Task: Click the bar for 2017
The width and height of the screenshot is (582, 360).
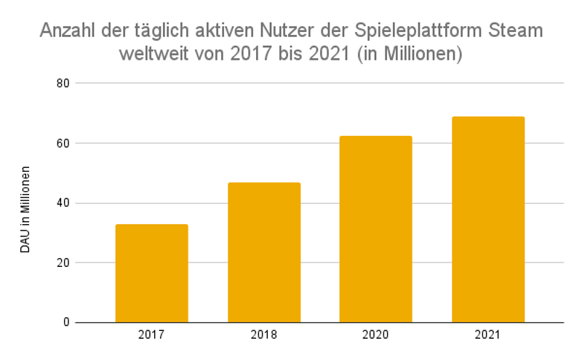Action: [x=151, y=273]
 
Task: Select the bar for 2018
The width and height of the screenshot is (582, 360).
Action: [x=264, y=252]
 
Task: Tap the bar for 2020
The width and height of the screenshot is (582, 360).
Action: [x=376, y=229]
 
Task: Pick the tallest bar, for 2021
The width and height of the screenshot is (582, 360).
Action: [x=488, y=220]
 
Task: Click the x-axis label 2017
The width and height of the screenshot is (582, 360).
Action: [x=151, y=335]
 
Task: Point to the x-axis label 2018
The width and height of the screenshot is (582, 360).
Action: [x=264, y=335]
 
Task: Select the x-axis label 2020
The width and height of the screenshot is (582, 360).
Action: [x=376, y=335]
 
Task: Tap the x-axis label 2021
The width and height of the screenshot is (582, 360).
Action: [x=488, y=335]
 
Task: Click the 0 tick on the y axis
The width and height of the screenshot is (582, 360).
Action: [x=65, y=322]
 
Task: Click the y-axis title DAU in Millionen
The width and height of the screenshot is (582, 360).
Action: [x=25, y=209]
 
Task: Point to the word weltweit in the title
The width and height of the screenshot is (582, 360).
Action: [x=154, y=55]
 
